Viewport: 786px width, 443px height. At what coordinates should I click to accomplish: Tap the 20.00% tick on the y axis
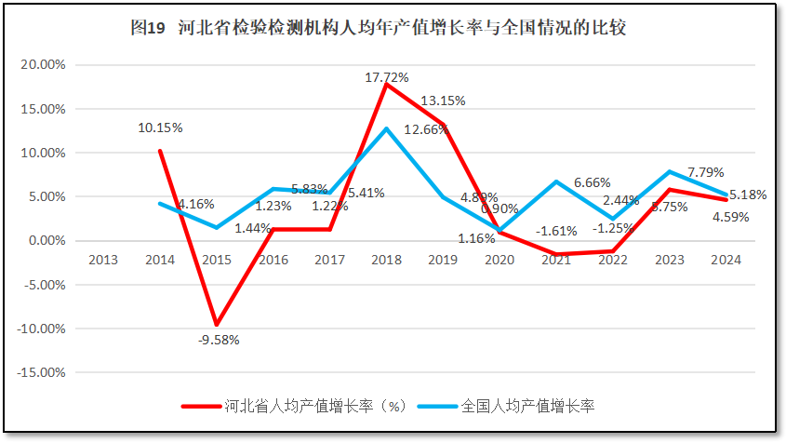42,65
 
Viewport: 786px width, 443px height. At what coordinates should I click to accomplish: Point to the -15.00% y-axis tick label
40,372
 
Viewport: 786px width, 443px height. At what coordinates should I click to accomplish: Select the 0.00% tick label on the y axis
46,241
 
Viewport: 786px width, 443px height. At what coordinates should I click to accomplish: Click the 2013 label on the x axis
103,260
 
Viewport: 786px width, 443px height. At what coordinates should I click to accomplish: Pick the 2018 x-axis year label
387,260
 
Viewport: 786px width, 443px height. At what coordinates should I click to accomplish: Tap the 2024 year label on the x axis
726,260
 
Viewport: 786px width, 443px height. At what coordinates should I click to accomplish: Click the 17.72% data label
387,77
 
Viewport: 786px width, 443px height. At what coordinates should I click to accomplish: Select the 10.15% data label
160,128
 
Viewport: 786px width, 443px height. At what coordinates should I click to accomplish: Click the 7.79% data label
705,172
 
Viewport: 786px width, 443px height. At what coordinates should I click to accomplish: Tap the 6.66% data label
592,182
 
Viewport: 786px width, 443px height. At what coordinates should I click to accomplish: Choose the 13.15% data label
443,101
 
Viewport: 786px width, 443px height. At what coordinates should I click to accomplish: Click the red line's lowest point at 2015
217,325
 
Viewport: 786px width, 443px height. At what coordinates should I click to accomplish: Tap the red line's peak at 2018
387,85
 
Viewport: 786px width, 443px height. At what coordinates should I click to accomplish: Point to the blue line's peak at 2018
387,128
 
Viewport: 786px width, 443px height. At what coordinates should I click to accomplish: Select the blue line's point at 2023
669,172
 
